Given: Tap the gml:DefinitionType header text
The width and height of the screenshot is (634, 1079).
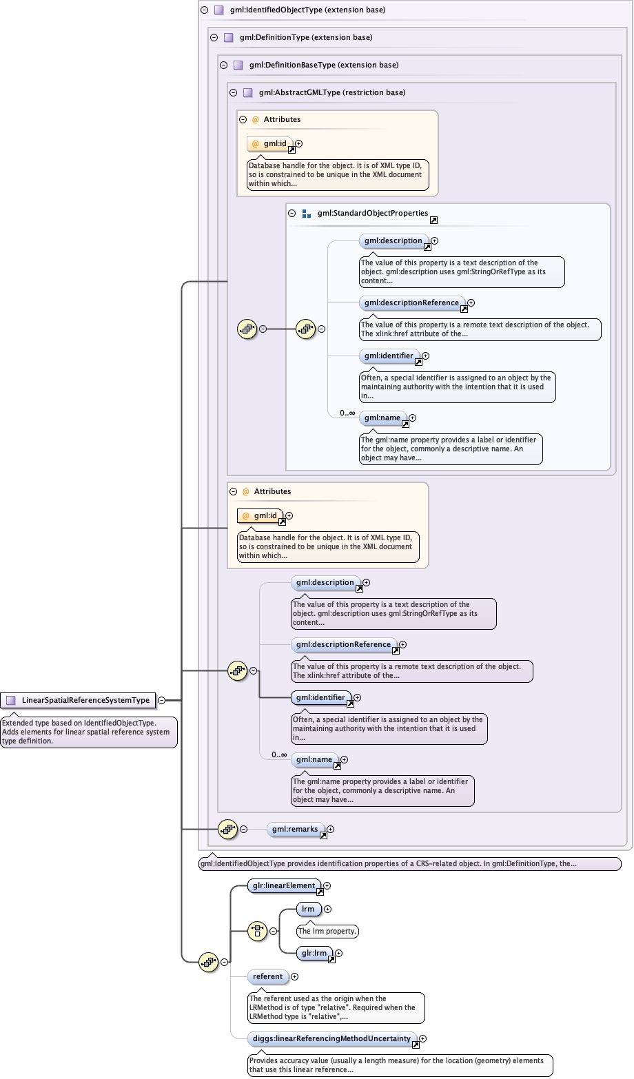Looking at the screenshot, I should point(305,38).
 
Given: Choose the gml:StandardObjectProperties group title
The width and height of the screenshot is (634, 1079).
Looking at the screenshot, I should point(372,214).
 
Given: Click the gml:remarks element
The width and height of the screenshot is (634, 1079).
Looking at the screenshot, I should point(295,830).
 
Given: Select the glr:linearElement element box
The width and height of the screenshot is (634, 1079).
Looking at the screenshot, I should point(284,886).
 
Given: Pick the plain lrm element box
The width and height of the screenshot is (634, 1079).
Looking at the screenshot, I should point(308,910).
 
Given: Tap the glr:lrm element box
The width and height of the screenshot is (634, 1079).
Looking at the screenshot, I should point(314,954).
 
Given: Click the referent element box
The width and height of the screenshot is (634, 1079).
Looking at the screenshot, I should point(267,976).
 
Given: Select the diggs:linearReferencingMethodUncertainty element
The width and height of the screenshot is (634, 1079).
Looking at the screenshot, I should point(331,1038).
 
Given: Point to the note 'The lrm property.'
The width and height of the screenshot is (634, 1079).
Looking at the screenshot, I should point(327,931).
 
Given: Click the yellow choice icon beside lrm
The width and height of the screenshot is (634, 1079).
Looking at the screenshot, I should point(257,931).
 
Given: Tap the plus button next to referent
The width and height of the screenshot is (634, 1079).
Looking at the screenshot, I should point(295,976).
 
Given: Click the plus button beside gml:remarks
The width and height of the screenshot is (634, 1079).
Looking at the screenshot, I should point(331,830).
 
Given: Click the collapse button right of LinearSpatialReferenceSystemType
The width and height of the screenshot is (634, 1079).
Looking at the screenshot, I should point(161,700).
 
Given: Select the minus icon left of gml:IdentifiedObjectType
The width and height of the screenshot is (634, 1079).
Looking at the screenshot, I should point(204,10).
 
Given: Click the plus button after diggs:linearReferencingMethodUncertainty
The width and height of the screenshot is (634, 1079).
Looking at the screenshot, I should point(423,1038).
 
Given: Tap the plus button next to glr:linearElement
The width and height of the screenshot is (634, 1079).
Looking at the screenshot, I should point(327,886).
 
